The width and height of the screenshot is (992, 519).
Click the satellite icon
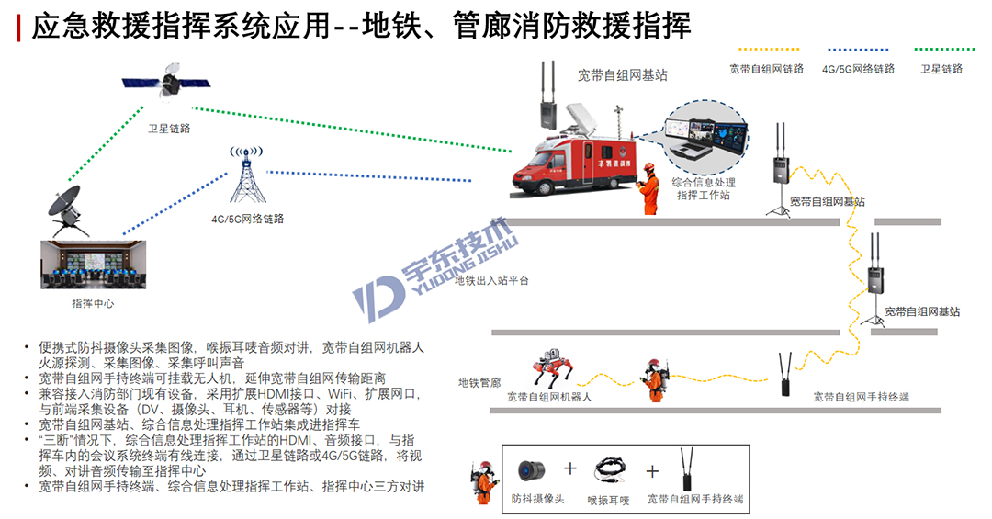click(165, 83)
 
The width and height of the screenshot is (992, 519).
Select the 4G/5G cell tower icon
click(247, 174)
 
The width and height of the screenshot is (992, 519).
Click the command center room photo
click(93, 265)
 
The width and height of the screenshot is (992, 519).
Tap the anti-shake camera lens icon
click(532, 471)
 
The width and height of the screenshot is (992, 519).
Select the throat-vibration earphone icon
click(610, 471)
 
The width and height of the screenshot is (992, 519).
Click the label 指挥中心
click(93, 304)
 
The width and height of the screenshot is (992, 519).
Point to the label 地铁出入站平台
click(491, 280)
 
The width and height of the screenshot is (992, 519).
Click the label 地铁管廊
click(479, 382)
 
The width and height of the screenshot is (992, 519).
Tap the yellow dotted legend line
click(769, 49)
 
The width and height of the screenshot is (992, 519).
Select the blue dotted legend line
click(858, 49)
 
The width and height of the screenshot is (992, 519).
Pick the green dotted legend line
click(944, 49)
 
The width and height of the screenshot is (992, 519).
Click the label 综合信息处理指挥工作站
click(704, 188)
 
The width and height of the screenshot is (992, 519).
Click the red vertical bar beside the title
click(18, 28)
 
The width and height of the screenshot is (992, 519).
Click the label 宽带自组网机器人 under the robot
click(549, 397)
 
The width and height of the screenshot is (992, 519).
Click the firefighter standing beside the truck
click(648, 188)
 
